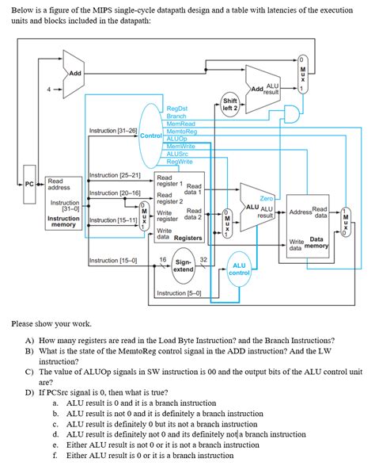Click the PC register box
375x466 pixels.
(28, 184)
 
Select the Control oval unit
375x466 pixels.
(150, 135)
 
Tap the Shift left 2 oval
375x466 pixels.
(230, 104)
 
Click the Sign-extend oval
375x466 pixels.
(184, 265)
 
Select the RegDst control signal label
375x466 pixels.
(177, 109)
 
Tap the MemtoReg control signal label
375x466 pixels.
(182, 131)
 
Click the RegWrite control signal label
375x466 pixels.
(180, 161)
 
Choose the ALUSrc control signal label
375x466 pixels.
(178, 153)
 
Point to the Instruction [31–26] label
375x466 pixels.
(113, 129)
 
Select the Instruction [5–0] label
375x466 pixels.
(178, 293)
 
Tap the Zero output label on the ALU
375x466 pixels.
(267, 198)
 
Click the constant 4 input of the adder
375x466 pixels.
(48, 89)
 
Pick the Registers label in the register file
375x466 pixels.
(187, 237)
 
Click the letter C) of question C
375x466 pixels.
(28, 370)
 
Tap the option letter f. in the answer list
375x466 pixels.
(55, 455)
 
